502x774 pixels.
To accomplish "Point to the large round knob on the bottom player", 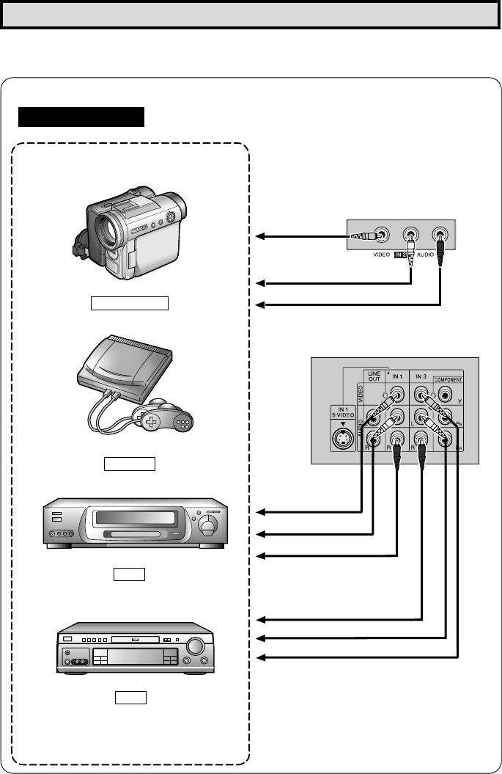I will pyautogui.click(x=196, y=647).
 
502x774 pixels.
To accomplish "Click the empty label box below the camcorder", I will pyautogui.click(x=129, y=303).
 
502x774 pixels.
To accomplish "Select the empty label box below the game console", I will pyautogui.click(x=130, y=463).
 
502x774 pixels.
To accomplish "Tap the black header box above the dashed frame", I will pyautogui.click(x=82, y=117).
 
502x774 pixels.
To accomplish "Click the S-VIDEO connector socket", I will pyautogui.click(x=343, y=439).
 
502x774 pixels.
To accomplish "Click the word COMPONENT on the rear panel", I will pyautogui.click(x=448, y=379).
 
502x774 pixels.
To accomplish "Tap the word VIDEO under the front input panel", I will pyautogui.click(x=378, y=256).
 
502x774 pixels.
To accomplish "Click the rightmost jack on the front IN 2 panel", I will pyautogui.click(x=440, y=236).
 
